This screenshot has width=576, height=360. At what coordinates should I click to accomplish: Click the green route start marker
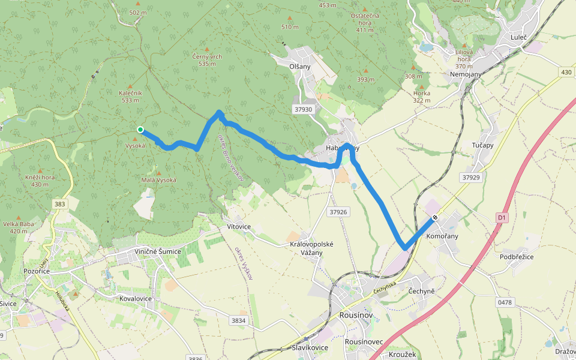[x=140, y=130]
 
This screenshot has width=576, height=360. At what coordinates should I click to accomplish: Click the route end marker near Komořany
[x=434, y=217]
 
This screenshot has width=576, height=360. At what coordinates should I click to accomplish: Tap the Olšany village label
[x=300, y=67]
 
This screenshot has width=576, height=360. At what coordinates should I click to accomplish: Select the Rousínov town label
[x=356, y=315]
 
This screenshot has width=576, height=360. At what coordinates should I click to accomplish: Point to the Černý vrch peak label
[x=207, y=56]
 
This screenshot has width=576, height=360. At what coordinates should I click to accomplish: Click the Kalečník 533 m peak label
[x=130, y=97]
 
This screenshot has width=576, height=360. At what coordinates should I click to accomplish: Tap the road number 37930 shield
[x=304, y=110]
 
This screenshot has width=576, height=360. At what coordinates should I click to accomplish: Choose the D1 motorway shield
[x=502, y=217]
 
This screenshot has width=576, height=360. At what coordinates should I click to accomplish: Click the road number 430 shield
[x=566, y=72]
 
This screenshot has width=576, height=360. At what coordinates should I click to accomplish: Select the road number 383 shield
[x=59, y=205]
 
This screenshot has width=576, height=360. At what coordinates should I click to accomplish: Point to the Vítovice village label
[x=238, y=227]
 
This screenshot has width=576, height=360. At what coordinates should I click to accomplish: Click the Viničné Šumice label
[x=157, y=251]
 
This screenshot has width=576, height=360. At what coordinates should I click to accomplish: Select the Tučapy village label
[x=482, y=145]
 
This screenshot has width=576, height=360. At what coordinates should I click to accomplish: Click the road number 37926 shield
[x=338, y=212]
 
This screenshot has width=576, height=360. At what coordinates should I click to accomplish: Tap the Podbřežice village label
[x=516, y=257]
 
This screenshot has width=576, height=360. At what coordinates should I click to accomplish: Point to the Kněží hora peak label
[x=40, y=181]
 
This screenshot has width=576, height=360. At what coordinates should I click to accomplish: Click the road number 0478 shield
[x=505, y=302]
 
